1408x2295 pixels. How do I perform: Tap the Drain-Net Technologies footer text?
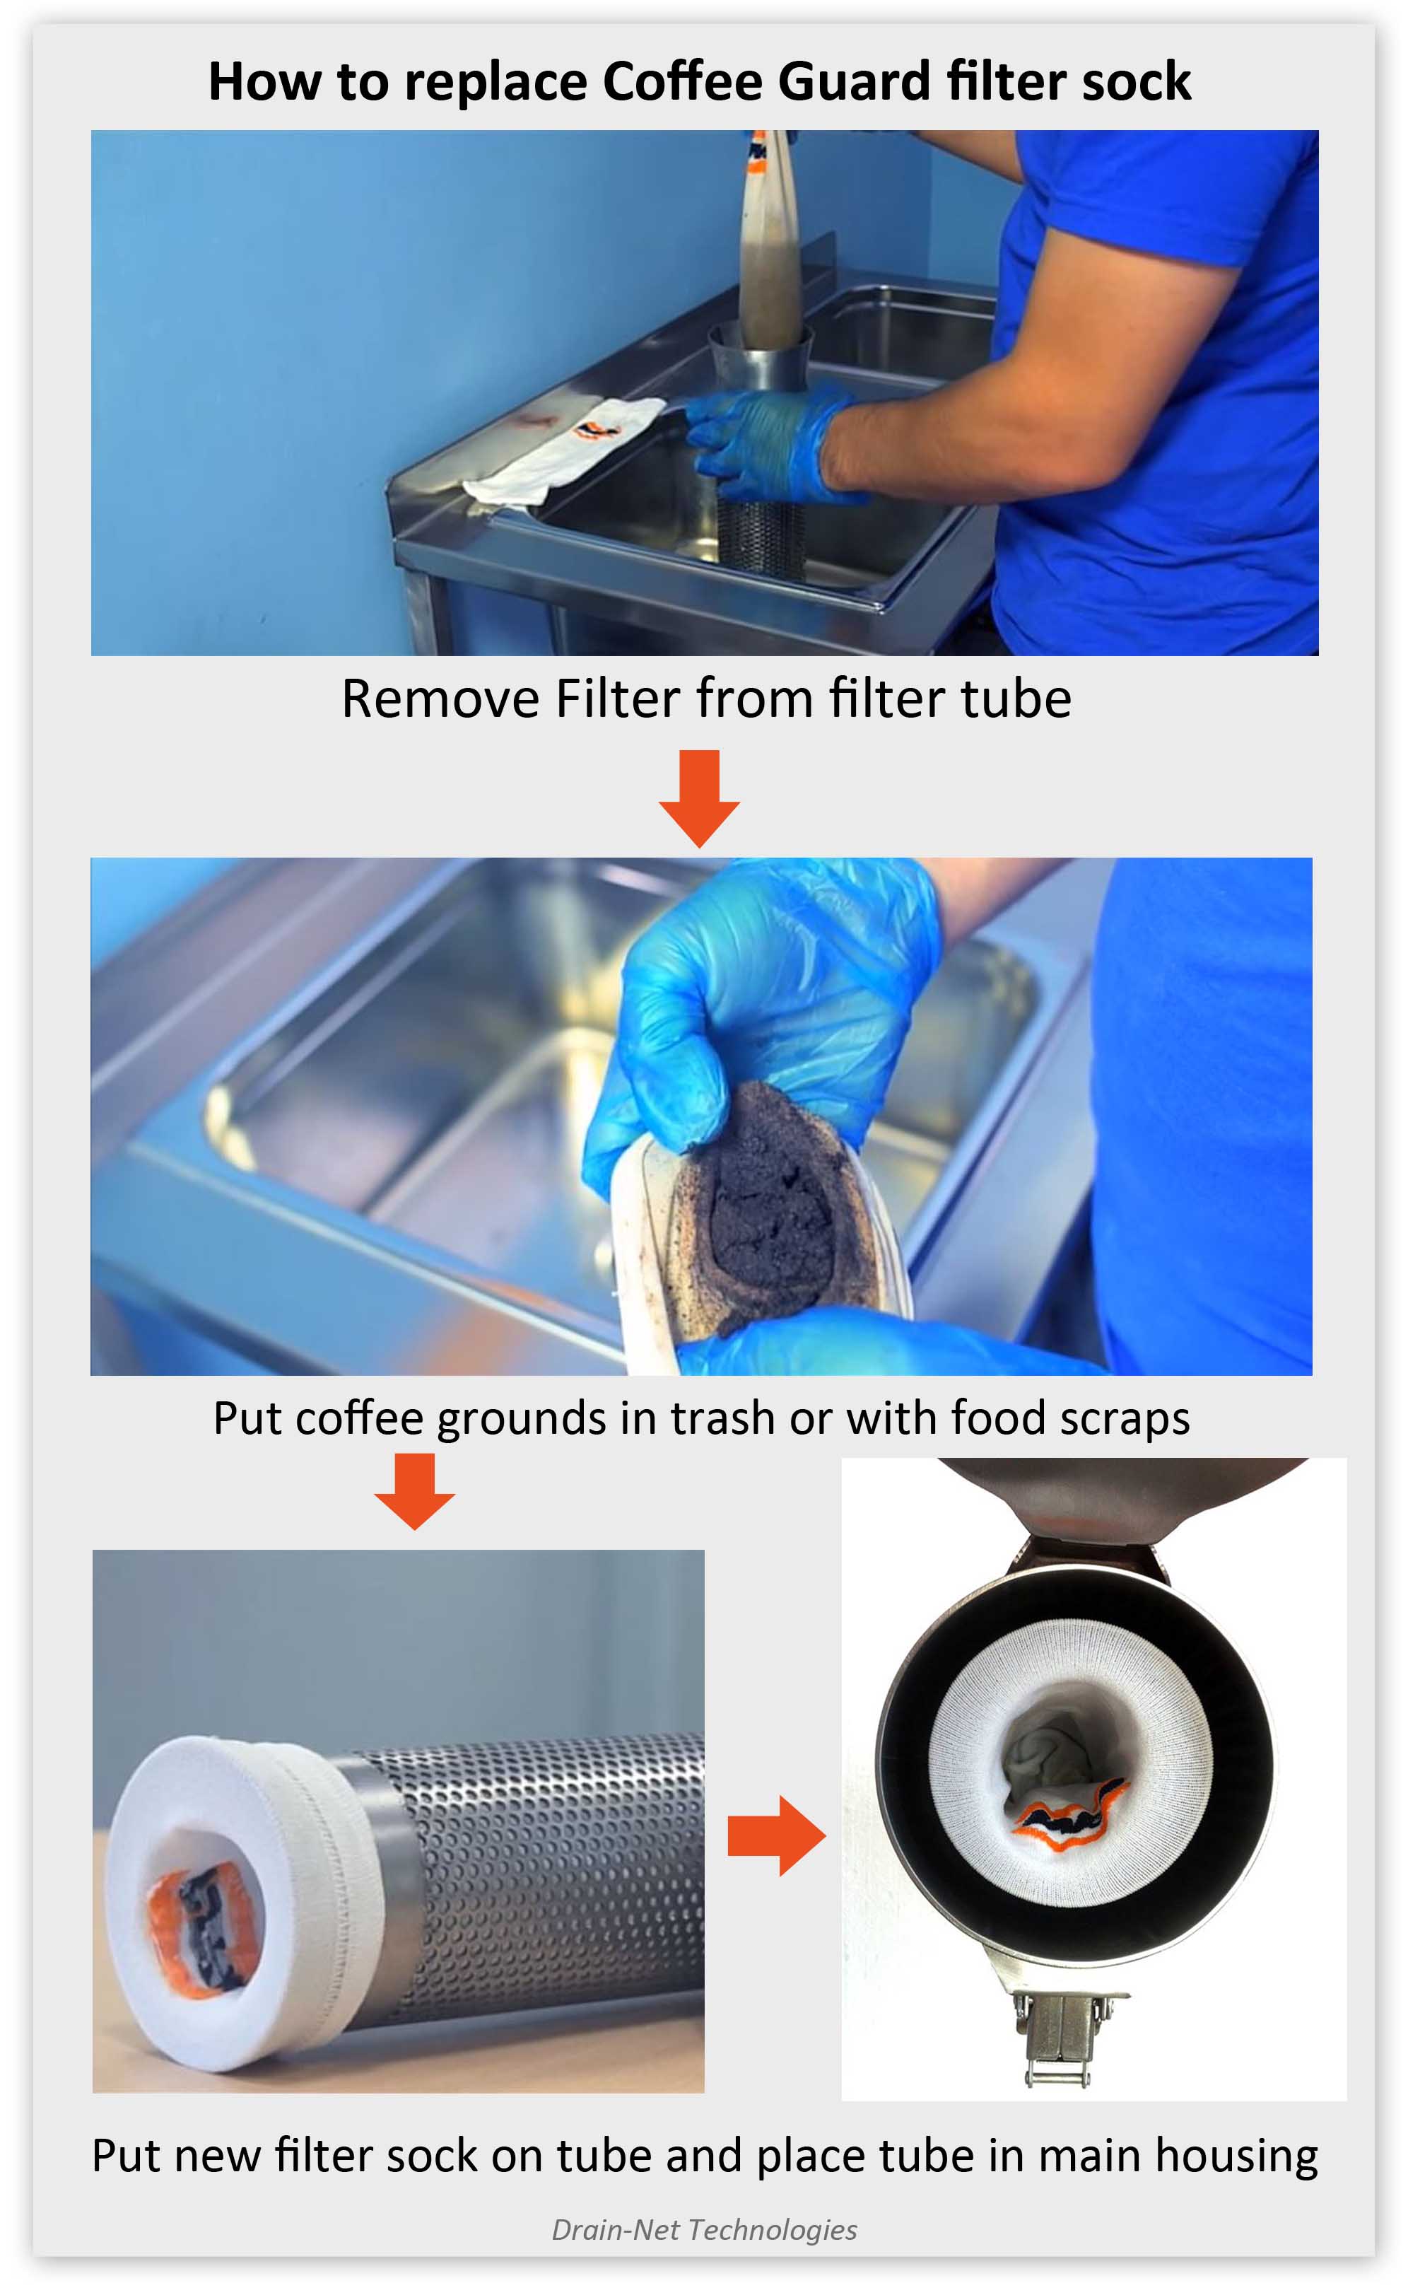(704, 2230)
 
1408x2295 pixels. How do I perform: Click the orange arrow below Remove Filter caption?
(698, 798)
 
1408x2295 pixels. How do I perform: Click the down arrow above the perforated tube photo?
(414, 1491)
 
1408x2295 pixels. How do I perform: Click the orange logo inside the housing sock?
(1071, 1811)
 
